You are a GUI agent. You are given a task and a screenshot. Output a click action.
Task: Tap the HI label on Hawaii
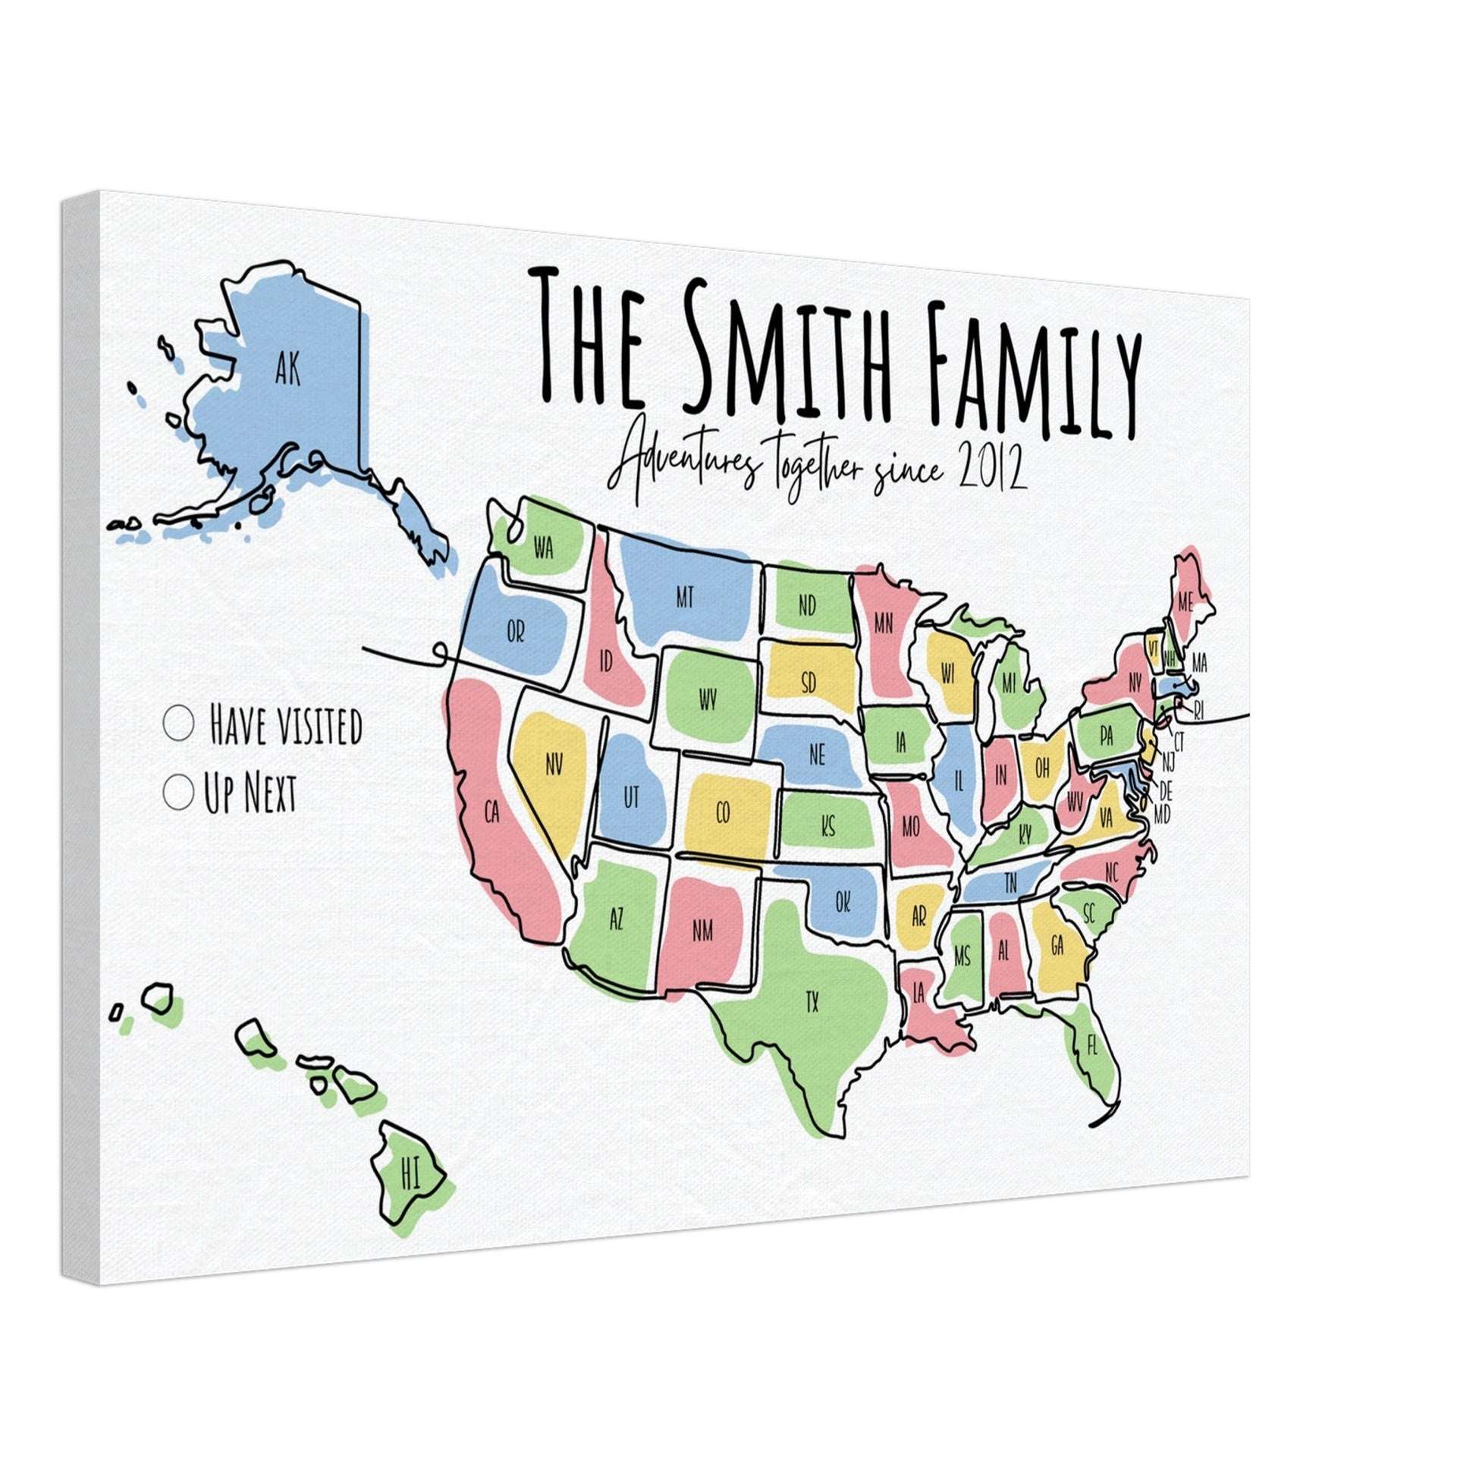coord(411,1174)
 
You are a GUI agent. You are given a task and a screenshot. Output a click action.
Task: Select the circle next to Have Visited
coord(179,723)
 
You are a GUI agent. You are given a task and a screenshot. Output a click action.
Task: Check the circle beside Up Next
coord(178,792)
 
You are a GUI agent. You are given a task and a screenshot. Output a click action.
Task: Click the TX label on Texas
coord(812,1001)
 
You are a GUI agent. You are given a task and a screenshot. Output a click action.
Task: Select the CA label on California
coord(492,812)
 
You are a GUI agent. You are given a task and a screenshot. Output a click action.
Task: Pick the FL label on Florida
coord(1091,1046)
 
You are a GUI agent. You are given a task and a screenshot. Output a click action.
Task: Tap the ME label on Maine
coord(1185,602)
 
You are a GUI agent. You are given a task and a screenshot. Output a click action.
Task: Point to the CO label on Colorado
coord(723,814)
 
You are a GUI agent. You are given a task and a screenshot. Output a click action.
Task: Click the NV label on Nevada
coord(554,764)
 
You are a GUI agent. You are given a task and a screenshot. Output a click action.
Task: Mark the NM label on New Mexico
coord(702,931)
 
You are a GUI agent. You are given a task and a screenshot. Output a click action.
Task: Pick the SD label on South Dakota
coord(809,682)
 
